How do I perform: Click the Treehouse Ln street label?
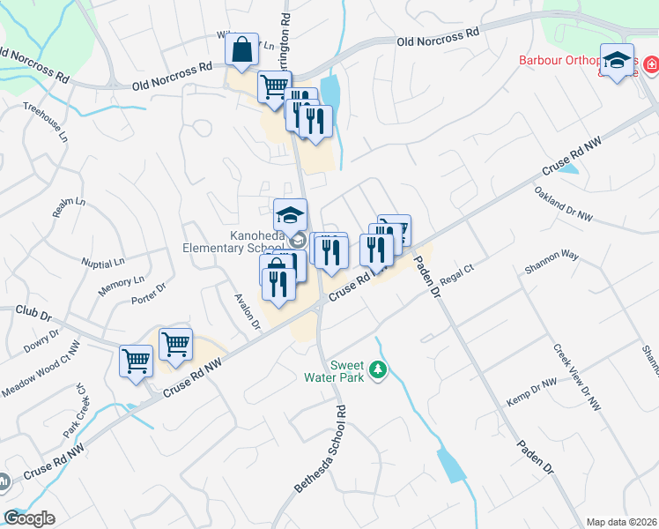click(45, 123)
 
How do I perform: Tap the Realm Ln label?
click(69, 208)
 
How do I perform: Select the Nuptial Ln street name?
click(103, 263)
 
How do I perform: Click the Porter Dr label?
click(148, 293)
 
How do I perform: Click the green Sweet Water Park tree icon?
click(379, 370)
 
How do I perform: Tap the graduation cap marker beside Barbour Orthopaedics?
click(618, 60)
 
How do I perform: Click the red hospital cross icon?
click(651, 64)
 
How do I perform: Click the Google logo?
click(29, 518)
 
